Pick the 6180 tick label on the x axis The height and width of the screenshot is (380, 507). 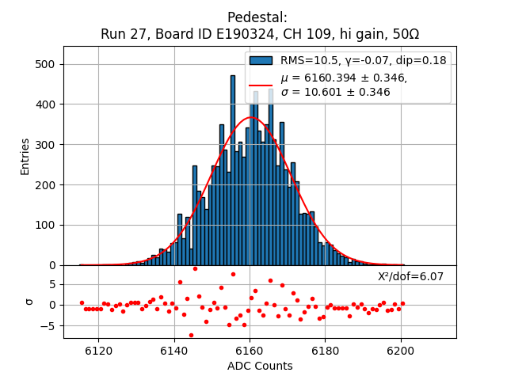(x=325, y=350)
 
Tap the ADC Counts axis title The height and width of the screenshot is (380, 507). (x=260, y=366)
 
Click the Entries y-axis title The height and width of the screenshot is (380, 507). (x=25, y=156)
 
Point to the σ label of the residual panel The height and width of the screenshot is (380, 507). (x=29, y=301)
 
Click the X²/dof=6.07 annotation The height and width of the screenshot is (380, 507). (x=410, y=277)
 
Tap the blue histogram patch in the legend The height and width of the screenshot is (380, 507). (x=261, y=60)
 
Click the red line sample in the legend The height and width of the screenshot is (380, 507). (x=261, y=85)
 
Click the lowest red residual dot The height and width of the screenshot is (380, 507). (x=191, y=335)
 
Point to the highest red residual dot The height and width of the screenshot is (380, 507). (x=195, y=268)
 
